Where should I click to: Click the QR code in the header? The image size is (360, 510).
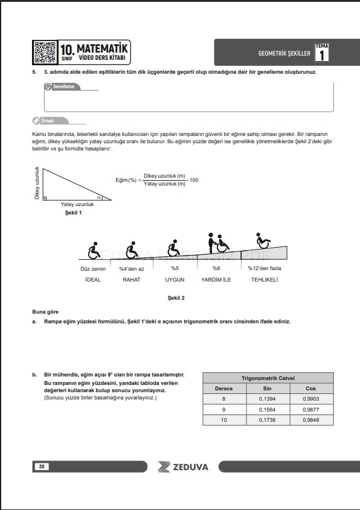tap(45, 52)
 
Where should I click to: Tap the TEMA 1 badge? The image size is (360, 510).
tap(321, 53)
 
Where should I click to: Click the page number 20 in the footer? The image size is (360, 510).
tap(42, 466)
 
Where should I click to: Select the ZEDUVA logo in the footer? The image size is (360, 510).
tap(183, 467)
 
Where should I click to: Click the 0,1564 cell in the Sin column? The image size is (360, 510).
tap(267, 410)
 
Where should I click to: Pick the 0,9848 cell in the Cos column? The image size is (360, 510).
tap(310, 420)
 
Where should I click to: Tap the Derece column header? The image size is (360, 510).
tap(223, 389)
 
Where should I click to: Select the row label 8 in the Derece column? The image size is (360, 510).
tap(223, 399)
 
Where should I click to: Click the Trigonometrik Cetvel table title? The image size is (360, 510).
tap(268, 378)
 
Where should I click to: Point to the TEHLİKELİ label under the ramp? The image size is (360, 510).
tap(265, 279)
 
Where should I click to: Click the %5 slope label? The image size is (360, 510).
tap(175, 268)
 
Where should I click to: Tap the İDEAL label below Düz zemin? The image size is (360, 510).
tap(92, 279)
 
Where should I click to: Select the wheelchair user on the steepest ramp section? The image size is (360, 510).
tap(263, 240)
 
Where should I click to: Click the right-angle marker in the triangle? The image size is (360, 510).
tap(45, 198)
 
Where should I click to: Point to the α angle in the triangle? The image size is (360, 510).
tap(99, 197)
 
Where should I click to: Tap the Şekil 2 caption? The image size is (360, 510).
tap(176, 298)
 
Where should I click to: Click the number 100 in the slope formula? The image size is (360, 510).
tap(194, 180)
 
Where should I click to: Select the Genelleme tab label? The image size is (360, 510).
tap(64, 86)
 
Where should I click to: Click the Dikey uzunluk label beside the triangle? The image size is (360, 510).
tap(37, 183)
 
